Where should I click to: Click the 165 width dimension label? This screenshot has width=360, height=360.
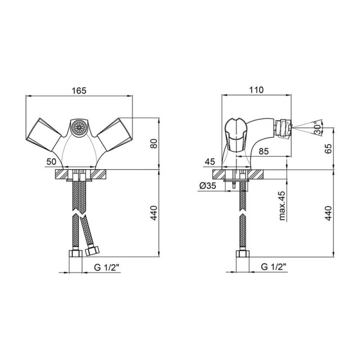pos(79,90)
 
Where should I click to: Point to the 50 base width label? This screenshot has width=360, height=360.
pos(51,162)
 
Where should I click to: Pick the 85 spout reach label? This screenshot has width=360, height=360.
pos(264,151)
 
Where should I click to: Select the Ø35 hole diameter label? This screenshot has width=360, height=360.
pos(208,185)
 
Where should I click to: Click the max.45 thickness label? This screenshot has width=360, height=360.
pos(282,206)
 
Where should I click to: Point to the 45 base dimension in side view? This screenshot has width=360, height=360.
pos(210,162)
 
